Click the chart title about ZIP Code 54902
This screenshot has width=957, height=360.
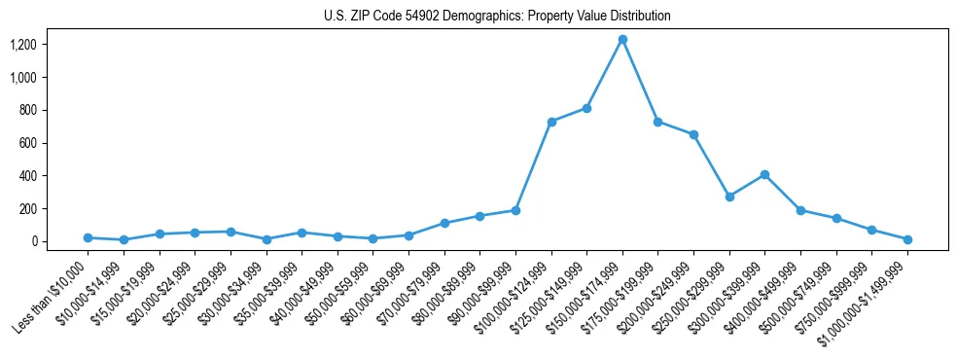point(497,16)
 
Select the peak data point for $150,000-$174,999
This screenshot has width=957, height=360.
point(622,39)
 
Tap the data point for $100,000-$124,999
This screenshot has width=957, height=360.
point(551,122)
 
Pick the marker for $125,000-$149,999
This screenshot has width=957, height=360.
point(586,108)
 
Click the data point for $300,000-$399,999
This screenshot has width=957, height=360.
point(764,174)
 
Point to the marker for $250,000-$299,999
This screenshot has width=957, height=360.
point(729,197)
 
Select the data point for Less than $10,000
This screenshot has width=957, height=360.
point(88,237)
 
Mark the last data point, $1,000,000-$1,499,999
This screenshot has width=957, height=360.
point(907,239)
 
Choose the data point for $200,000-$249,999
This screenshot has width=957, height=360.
point(693,134)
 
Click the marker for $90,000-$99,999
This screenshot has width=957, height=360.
point(515,210)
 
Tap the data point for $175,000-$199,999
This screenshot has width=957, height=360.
point(658,122)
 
